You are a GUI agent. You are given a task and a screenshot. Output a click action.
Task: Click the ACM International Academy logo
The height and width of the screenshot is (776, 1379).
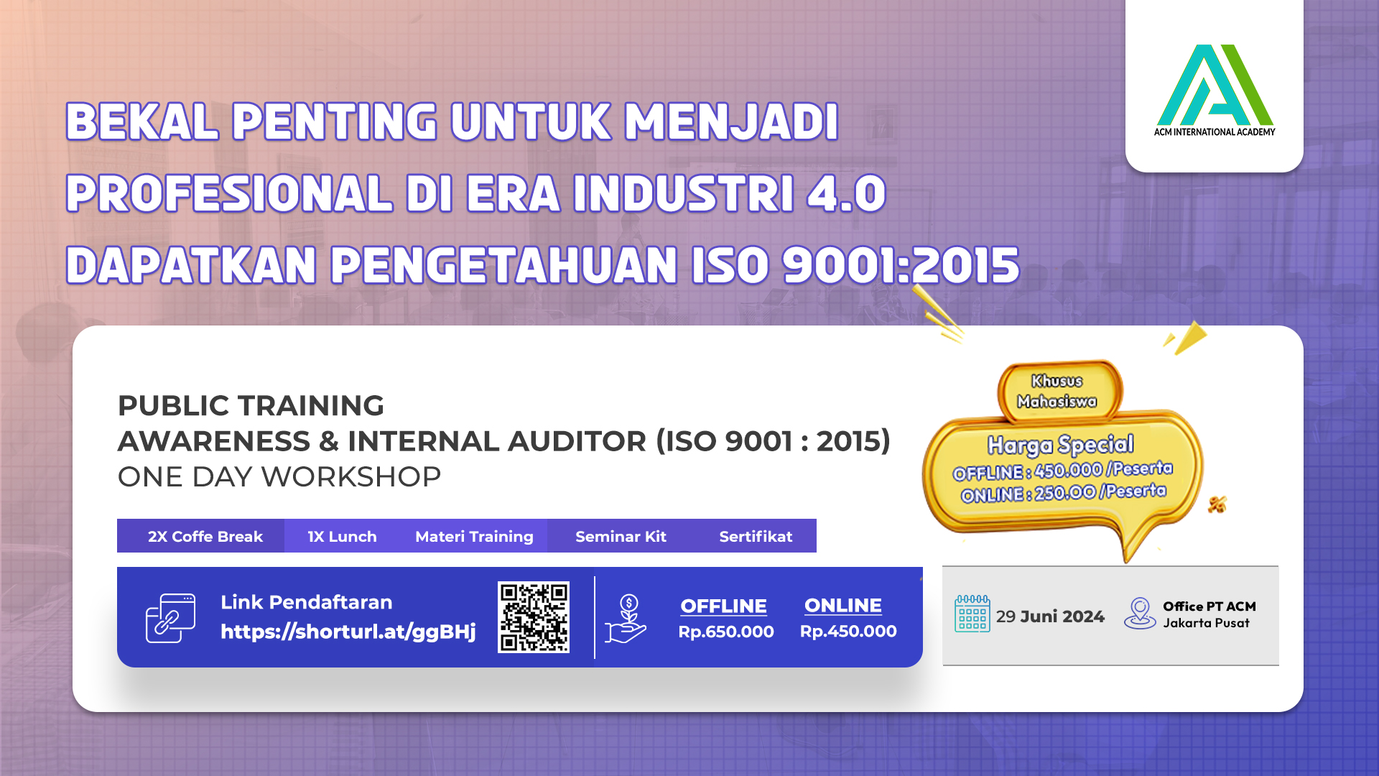click(1215, 90)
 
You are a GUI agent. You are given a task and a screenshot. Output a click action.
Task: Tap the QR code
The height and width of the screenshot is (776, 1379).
click(534, 617)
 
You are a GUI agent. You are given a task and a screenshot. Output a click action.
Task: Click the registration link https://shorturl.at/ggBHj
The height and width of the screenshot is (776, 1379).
click(348, 632)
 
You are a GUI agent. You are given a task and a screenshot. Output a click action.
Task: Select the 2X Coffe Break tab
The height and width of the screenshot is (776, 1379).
click(205, 536)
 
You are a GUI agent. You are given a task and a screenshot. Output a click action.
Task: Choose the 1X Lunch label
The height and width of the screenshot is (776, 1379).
click(342, 536)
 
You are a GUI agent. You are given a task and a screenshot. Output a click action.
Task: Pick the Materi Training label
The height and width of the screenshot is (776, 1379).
click(474, 537)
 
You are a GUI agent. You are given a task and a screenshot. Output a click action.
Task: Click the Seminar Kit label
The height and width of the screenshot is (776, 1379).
click(621, 536)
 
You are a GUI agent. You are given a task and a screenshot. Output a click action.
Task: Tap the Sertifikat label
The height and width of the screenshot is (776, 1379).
click(756, 536)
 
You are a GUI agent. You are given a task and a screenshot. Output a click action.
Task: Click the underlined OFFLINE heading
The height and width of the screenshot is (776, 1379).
click(723, 606)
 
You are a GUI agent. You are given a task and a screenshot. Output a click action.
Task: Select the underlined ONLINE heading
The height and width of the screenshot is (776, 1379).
click(843, 606)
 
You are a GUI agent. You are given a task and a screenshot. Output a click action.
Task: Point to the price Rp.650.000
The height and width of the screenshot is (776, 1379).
click(726, 632)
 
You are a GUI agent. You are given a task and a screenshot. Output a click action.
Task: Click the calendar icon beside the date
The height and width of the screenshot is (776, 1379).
click(972, 614)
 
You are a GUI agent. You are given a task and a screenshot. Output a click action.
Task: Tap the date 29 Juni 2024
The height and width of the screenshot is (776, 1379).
click(1050, 616)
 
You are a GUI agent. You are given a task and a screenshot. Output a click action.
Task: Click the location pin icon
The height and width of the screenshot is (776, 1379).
click(1140, 614)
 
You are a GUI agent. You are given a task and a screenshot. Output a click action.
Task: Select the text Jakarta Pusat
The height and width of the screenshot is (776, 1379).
click(1207, 623)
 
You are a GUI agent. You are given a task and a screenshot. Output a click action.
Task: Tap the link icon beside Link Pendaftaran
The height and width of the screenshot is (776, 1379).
click(170, 618)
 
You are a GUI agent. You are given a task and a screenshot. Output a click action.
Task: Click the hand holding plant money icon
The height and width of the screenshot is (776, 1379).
click(626, 619)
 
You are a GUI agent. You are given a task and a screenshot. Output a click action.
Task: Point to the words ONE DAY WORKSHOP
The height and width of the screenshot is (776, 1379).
click(279, 476)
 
